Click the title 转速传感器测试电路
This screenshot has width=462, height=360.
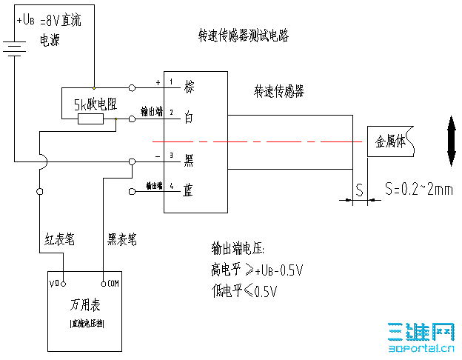243,35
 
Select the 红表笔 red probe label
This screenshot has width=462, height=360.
59,239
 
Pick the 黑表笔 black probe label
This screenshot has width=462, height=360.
122,239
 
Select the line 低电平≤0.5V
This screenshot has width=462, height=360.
244,290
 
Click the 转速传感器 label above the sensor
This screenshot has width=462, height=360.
279,92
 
